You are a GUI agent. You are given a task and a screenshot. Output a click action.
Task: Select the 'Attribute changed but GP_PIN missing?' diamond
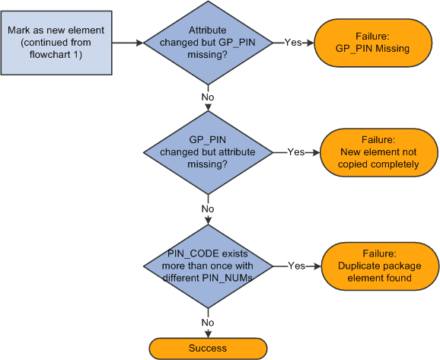click(208, 43)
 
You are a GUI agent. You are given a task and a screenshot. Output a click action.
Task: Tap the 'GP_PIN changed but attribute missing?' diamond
click(208, 151)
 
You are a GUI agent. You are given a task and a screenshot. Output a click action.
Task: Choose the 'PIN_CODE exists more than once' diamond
click(208, 266)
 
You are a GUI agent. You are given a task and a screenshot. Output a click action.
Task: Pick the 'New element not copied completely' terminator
click(379, 152)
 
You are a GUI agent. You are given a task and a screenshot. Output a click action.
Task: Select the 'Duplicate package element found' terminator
click(379, 266)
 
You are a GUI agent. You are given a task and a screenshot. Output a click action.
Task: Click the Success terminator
click(208, 348)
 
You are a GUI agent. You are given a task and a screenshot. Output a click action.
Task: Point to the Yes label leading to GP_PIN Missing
click(294, 43)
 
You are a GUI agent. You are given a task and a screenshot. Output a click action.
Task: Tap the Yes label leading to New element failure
click(295, 152)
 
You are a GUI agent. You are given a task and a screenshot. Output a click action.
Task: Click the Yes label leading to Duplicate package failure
click(295, 266)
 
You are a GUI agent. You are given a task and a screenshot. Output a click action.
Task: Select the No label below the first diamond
click(208, 97)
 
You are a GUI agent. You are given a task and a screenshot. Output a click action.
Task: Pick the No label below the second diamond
click(208, 209)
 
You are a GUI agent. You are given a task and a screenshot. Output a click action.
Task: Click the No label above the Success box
click(208, 322)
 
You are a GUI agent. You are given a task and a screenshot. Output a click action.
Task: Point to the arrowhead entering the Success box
click(208, 334)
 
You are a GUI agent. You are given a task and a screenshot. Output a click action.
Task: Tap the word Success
click(208, 348)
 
